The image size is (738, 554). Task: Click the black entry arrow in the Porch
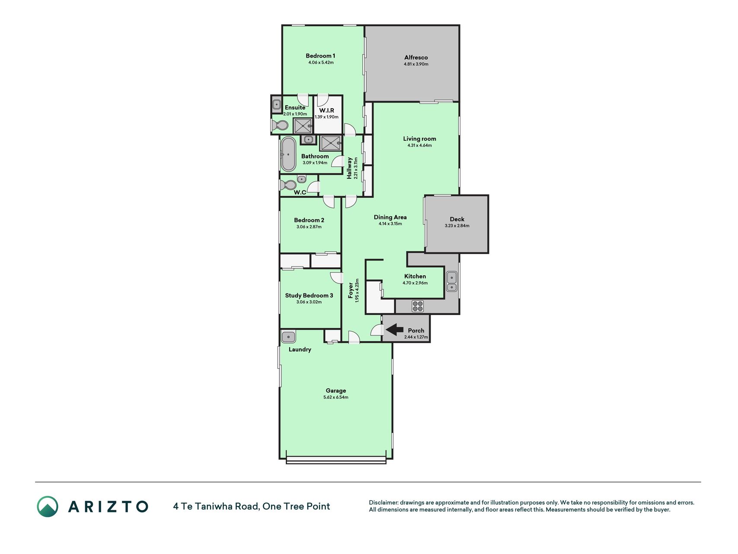pos(394,330)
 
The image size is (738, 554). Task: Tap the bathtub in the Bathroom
pos(288,154)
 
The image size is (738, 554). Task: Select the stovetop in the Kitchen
pos(418,306)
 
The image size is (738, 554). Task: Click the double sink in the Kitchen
pos(451,281)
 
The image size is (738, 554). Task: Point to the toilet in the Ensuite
pos(280,125)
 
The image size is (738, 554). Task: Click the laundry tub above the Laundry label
pos(288,336)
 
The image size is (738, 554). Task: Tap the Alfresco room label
pos(416,57)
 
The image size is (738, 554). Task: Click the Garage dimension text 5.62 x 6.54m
pos(336,397)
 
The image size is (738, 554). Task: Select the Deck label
pos(457,219)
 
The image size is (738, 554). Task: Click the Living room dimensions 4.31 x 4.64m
pos(419,145)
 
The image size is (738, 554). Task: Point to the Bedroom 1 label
pos(320,55)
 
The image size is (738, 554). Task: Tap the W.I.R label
pos(327,110)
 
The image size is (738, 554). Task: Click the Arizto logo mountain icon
pos(48,506)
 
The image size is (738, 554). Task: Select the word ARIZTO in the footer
pos(108,506)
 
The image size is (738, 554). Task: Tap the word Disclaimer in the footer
pos(383,502)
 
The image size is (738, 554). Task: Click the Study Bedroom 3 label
pos(309,296)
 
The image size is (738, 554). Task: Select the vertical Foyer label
pos(351,290)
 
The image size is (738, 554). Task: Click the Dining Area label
pos(390,217)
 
